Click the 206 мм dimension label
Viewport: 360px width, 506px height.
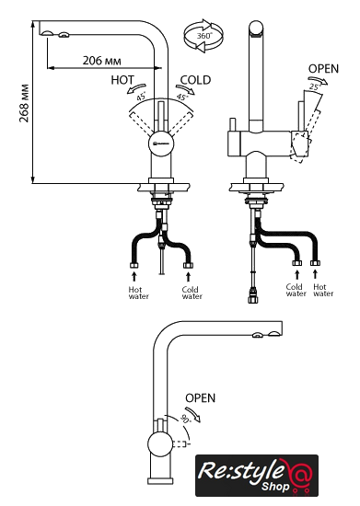pos(101,61)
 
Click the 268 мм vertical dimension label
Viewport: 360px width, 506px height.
pos(25,103)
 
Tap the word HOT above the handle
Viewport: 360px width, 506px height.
pos(122,80)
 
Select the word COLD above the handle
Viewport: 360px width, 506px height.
pos(195,80)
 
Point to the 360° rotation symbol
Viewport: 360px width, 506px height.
pos(203,36)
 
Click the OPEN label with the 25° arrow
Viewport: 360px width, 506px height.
pos(323,69)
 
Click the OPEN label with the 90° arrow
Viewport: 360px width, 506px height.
pos(200,397)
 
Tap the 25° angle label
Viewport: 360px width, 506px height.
pos(314,86)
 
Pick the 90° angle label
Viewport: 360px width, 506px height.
pos(186,419)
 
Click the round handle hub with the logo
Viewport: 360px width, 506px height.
pos(161,144)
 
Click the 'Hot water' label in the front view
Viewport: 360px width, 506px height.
pos(138,293)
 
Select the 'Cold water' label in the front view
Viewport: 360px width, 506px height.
pos(192,293)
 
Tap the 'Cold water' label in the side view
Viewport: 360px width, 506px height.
pos(296,290)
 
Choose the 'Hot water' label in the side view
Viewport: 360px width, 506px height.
pos(323,290)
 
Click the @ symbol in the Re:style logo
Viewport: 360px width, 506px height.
pos(300,474)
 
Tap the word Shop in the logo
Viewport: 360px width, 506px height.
pos(275,487)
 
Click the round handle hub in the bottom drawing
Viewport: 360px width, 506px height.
pos(160,444)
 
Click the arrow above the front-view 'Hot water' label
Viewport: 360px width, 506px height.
pos(134,277)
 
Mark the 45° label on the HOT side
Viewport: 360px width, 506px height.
pos(141,96)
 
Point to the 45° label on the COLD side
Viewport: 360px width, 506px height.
pos(182,97)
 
